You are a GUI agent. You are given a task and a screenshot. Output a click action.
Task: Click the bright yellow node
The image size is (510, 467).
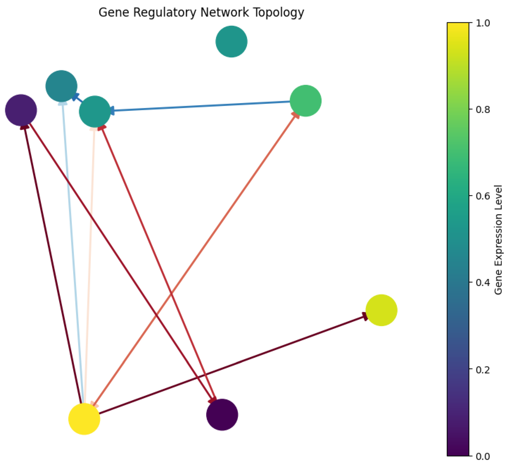[84, 419]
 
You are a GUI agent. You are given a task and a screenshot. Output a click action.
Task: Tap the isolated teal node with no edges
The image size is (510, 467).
[231, 41]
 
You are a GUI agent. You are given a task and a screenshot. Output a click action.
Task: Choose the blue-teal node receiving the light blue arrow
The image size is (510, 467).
[61, 86]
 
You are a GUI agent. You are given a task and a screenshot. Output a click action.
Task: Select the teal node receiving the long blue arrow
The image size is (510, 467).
[95, 111]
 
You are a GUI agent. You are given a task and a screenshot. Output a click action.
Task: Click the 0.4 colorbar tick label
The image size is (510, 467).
[483, 283]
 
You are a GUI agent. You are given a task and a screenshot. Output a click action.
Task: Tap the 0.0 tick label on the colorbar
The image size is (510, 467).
[483, 456]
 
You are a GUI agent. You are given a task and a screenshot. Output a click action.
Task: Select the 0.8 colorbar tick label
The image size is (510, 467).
[483, 110]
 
